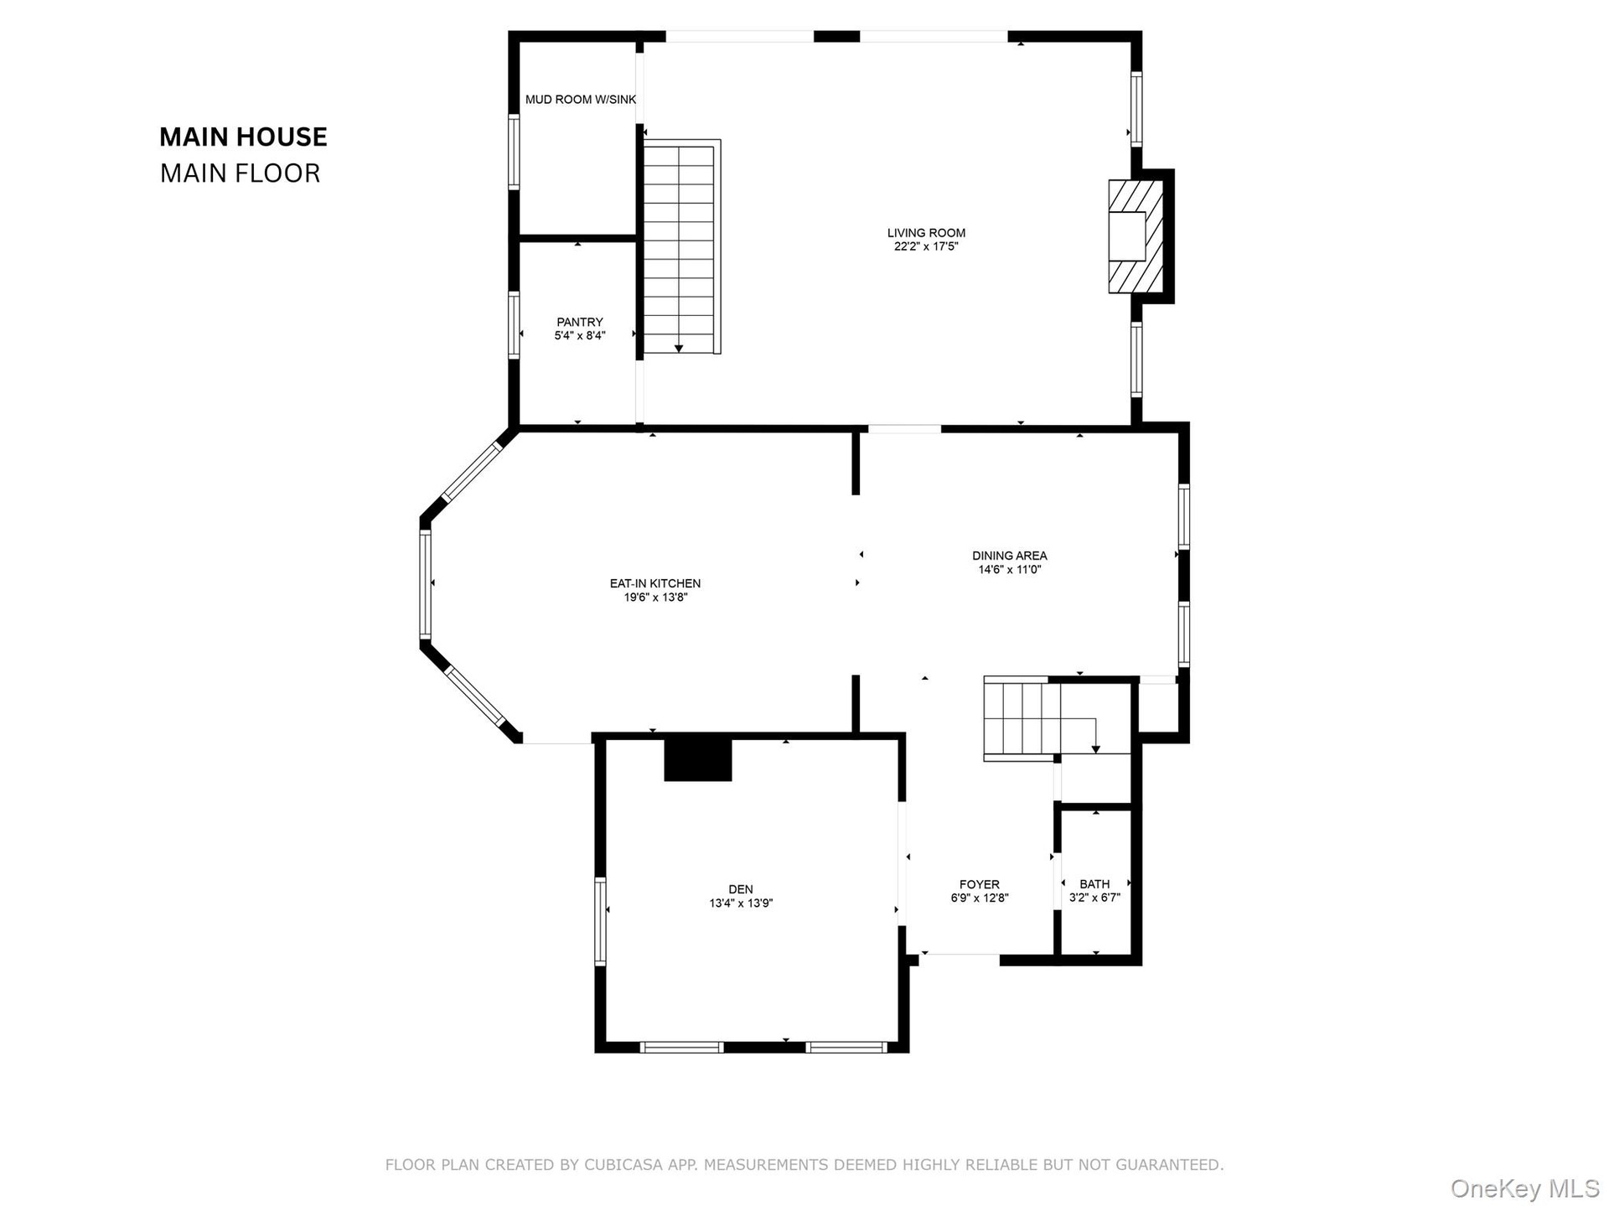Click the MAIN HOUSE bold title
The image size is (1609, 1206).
tap(243, 137)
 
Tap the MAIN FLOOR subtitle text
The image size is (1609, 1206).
tap(241, 173)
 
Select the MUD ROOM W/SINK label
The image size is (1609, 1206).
tap(581, 100)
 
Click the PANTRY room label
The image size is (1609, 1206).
tap(580, 322)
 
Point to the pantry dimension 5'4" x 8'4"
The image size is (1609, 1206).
tap(580, 335)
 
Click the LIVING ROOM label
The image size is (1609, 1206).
tap(926, 233)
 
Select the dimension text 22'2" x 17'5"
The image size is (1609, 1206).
tap(926, 246)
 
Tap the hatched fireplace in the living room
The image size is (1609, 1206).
tap(1136, 236)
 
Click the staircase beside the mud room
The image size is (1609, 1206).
tap(680, 246)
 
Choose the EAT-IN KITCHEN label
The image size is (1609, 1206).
tap(655, 583)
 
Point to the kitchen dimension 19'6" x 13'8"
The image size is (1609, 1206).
tap(655, 598)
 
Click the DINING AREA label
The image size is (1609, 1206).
tap(1010, 556)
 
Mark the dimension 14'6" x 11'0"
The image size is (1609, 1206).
tap(1010, 570)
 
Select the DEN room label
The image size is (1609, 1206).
tap(741, 889)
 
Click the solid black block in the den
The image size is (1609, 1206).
tap(698, 759)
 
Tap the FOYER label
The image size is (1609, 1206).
tap(980, 884)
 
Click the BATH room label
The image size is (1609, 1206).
tap(1094, 884)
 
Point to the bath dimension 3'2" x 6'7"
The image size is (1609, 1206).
tap(1094, 898)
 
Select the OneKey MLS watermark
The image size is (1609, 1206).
tap(1525, 1188)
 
